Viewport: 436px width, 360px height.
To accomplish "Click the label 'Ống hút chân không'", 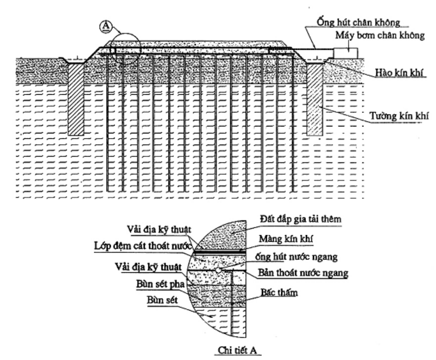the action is coord(359,22).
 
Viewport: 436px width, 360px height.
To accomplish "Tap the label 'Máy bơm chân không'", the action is coord(380,35).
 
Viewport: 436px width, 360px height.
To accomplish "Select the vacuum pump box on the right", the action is coord(346,53).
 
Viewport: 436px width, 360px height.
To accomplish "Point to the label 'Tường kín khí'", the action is coord(399,115).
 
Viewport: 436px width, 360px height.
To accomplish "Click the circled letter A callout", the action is coord(105,27).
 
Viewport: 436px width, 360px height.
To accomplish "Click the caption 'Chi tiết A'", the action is coord(237,350).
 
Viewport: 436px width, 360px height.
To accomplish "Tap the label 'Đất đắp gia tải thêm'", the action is coord(301,219).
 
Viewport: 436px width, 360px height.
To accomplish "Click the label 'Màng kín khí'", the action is coord(286,239).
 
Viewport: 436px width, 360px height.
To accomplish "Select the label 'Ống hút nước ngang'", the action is coord(296,257).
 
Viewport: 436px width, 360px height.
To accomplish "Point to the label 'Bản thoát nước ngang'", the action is coord(303,273).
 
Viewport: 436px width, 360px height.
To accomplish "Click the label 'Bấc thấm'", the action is coord(279,292).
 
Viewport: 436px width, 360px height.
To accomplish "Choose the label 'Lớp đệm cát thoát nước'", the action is coord(143,246).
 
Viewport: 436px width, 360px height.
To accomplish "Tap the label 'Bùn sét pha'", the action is coord(161,284).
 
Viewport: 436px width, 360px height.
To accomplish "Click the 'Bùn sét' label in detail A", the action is coord(162,300).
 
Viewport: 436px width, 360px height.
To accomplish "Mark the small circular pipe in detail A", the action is coord(218,270).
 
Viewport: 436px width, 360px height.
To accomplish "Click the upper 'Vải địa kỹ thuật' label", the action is coord(159,229).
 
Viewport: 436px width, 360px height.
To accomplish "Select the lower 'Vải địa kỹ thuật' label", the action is coord(148,267).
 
